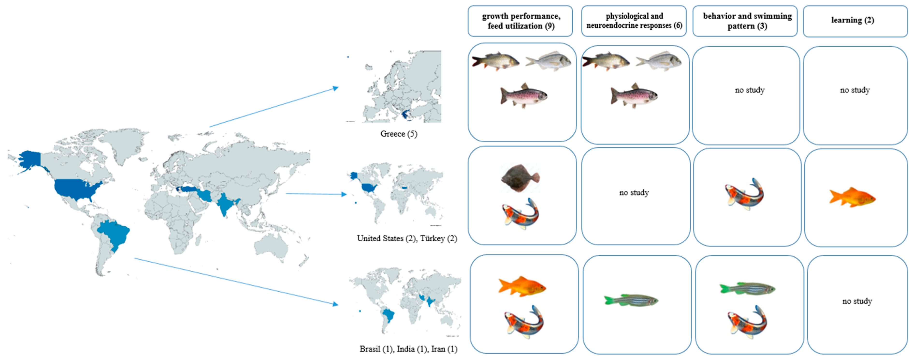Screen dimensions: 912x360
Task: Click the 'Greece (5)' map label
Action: [x=399, y=134]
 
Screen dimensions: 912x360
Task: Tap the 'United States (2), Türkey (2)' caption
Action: [x=407, y=238]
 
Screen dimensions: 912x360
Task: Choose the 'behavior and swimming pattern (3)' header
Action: [x=747, y=21]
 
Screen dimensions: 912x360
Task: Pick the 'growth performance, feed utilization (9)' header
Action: [x=521, y=21]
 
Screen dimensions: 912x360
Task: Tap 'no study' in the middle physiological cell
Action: [x=634, y=193]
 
